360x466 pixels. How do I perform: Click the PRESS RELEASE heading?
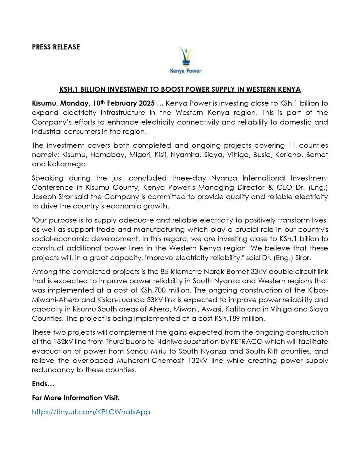56,47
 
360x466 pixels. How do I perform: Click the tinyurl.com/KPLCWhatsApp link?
91,412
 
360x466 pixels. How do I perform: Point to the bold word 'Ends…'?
43,384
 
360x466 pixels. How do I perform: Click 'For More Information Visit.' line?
76,398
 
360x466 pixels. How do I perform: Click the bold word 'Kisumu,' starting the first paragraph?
45,103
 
